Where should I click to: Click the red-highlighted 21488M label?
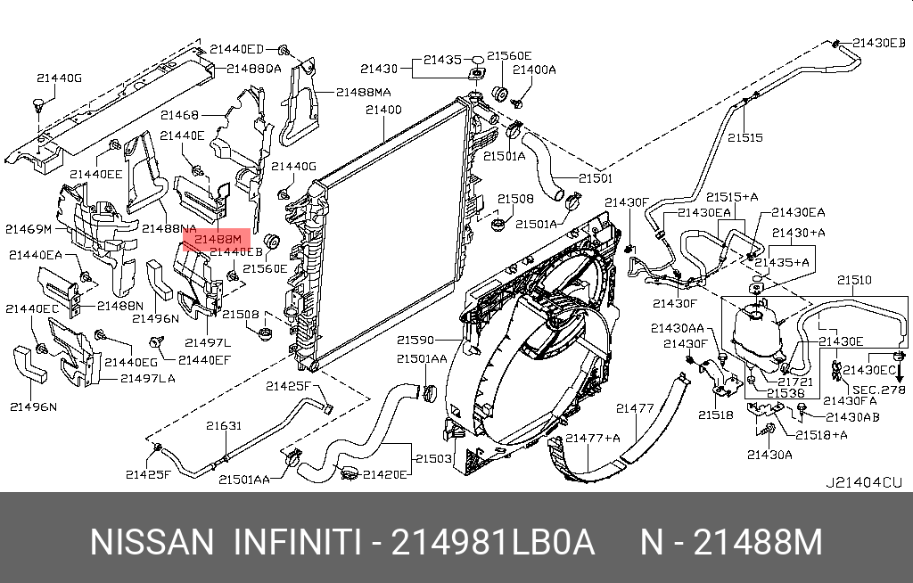coord(218,239)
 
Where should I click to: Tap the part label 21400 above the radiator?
coord(383,110)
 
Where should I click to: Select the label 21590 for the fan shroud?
coord(415,340)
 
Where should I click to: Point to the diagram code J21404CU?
coord(863,482)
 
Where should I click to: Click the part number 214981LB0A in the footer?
coord(492,542)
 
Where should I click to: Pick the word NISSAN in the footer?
coord(152,542)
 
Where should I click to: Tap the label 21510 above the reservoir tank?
coord(854,280)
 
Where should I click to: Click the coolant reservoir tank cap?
coord(756,315)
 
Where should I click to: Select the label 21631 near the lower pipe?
coord(224,426)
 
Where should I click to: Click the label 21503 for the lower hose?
coord(433,458)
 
